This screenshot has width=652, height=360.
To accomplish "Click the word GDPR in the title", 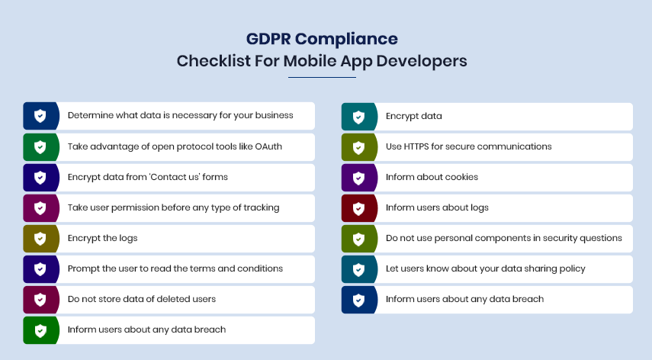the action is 268,39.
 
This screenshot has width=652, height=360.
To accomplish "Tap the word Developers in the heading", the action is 422,61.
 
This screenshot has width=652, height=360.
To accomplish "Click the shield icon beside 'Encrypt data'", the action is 358,117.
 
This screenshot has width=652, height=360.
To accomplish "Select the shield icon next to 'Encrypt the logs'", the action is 40,239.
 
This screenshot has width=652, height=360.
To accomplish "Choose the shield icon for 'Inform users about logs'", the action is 358,208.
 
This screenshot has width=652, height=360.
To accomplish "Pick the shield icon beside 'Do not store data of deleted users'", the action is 40,300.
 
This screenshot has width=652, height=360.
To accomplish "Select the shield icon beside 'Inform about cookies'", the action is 358,178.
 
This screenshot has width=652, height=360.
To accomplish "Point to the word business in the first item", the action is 274,115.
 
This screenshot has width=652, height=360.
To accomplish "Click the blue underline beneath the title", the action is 323,77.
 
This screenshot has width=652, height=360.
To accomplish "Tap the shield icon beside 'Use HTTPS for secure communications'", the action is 358,147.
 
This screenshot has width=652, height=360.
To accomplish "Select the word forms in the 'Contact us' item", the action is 215,177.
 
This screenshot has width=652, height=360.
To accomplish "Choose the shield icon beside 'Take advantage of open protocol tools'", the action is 40,146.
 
